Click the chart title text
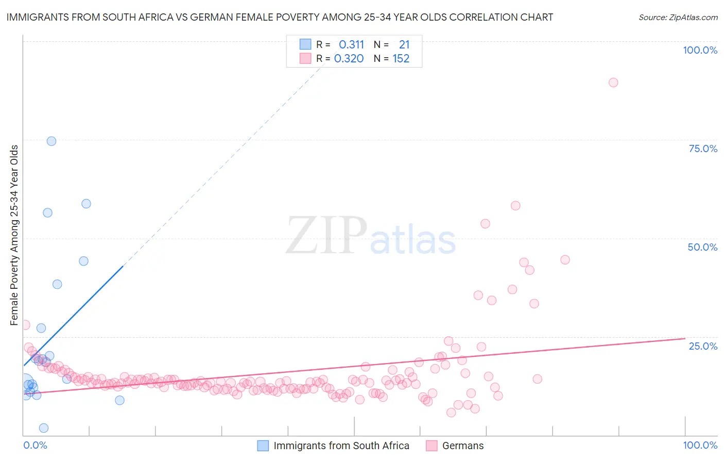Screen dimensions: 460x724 (x=280, y=17)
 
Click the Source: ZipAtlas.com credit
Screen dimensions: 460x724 (x=678, y=17)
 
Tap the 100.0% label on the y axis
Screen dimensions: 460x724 (x=700, y=50)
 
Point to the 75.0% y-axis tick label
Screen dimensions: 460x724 (x=703, y=149)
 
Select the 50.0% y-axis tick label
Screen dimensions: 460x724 (x=702, y=247)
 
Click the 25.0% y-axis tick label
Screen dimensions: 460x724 (x=703, y=346)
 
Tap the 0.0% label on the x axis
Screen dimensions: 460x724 (x=35, y=445)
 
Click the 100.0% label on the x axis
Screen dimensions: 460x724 (x=700, y=445)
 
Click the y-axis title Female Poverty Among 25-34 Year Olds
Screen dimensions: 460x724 (x=14, y=235)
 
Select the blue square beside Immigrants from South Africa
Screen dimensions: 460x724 (x=263, y=446)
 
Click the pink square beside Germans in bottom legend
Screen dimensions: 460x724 (x=432, y=446)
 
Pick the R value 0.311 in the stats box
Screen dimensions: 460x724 (x=351, y=44)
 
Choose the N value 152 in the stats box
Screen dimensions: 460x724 (x=401, y=59)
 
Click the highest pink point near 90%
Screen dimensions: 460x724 (x=613, y=83)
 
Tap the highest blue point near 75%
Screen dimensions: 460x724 (x=51, y=141)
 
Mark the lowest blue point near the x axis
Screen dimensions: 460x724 (x=44, y=428)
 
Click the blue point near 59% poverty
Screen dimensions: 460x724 (x=86, y=204)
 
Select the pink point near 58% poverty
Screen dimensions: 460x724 (x=515, y=206)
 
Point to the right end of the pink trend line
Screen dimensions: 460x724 (x=685, y=339)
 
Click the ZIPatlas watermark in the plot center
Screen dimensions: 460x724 (x=371, y=236)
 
